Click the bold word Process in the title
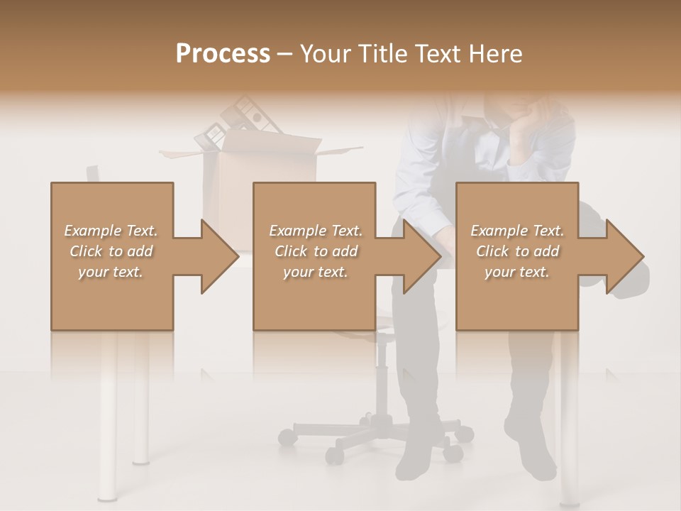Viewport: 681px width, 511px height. click(x=223, y=53)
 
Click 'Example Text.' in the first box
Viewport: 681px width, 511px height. click(x=111, y=231)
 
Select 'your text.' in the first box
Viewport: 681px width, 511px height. click(x=111, y=272)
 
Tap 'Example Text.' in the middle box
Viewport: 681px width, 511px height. click(x=316, y=231)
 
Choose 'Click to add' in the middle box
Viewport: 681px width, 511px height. click(x=316, y=251)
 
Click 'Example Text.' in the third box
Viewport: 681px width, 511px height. click(x=517, y=231)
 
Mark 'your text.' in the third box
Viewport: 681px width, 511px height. click(x=517, y=272)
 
